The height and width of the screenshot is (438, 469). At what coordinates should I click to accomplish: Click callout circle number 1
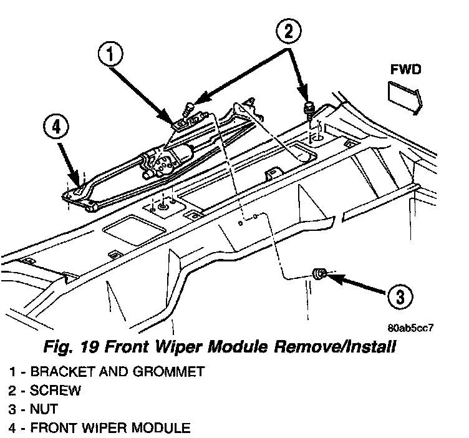tap(110, 55)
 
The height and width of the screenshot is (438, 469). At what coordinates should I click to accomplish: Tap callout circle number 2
tap(288, 31)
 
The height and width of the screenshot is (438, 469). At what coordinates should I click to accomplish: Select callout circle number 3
tap(400, 297)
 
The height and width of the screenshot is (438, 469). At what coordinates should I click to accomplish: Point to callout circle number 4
tap(56, 127)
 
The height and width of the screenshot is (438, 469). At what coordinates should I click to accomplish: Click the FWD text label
tap(405, 69)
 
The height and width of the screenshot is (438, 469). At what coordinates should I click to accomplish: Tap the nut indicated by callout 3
tap(319, 274)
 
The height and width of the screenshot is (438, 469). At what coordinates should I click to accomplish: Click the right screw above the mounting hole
tap(308, 109)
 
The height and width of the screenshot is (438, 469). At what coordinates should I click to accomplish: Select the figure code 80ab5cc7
tap(410, 328)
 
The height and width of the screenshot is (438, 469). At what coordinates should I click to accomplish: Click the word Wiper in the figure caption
tap(178, 348)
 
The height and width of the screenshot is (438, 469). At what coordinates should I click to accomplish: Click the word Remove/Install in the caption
tap(335, 347)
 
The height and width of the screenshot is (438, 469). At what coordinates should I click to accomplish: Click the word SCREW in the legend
tap(56, 391)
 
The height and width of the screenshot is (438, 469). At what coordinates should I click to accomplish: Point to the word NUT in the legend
tap(44, 409)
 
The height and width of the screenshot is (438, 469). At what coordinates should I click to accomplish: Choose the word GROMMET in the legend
tap(168, 372)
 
